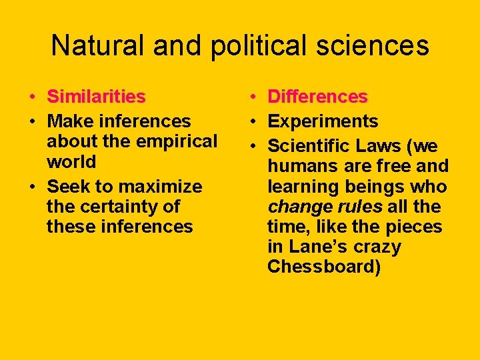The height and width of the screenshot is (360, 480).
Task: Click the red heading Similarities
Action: pos(96,97)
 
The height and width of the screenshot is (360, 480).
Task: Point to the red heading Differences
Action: pos(317,97)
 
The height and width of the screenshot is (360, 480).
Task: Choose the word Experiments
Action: pos(323,121)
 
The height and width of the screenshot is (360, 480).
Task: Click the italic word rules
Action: pos(360,207)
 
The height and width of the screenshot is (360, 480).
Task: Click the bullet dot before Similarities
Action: pos(31,97)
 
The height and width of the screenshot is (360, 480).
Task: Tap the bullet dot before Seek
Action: pos(31,187)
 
